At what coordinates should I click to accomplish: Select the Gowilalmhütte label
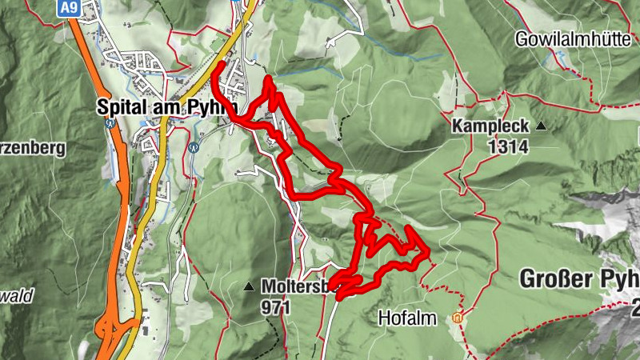(x=572, y=39)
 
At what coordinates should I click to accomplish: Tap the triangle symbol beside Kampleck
(x=542, y=126)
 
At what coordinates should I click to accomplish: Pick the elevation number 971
(x=274, y=306)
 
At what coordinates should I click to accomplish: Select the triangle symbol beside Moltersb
(x=250, y=286)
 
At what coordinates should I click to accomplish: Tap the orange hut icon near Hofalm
(x=458, y=318)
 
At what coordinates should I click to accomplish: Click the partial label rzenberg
(x=32, y=149)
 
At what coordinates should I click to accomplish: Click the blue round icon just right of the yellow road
(x=194, y=147)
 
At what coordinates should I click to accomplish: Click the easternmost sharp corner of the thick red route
(x=430, y=254)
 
